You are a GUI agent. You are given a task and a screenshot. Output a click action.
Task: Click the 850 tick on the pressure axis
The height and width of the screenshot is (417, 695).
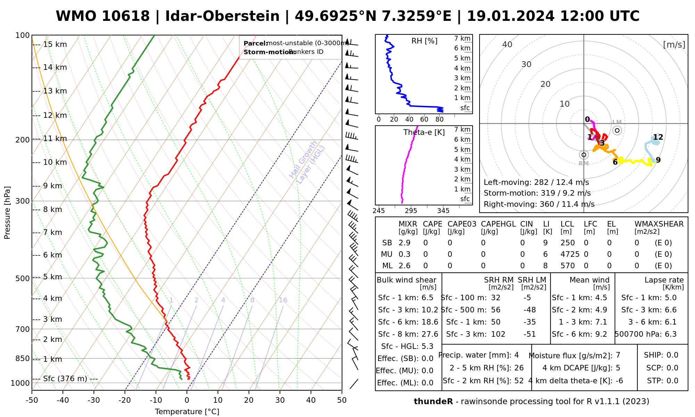(x=23, y=359)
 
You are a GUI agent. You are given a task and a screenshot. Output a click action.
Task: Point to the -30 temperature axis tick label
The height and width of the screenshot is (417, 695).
(x=93, y=400)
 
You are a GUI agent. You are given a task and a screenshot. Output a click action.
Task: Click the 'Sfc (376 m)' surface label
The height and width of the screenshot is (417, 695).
(x=65, y=378)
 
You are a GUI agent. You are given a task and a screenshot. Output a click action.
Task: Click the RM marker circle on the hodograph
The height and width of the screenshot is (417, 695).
(x=584, y=155)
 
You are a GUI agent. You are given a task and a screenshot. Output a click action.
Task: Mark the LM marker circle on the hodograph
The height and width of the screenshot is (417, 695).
(x=617, y=131)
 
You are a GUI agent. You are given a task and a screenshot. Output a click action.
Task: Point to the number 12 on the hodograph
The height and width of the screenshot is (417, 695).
(x=658, y=137)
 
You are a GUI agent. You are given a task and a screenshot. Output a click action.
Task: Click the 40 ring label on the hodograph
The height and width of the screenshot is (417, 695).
(x=507, y=44)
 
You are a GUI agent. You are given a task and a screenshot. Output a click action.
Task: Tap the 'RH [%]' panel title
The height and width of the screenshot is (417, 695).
(x=424, y=41)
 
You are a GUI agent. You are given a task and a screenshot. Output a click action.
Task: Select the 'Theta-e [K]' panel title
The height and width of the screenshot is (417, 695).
(x=424, y=132)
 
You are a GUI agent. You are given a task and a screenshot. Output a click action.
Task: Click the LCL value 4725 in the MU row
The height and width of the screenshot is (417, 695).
(x=570, y=254)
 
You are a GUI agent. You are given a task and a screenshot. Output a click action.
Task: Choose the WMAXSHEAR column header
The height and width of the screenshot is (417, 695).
(x=659, y=224)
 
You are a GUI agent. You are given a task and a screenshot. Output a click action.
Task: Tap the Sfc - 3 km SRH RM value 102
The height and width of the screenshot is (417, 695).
(x=498, y=334)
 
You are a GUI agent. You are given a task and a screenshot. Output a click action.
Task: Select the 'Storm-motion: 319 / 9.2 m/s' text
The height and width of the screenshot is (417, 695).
(x=537, y=193)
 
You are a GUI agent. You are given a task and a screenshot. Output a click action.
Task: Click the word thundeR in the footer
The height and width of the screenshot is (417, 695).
(x=433, y=402)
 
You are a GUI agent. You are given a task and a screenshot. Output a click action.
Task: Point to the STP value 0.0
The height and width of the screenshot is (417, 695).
(x=672, y=381)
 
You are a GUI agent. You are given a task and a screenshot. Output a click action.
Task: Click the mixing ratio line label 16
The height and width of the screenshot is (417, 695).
(x=283, y=300)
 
